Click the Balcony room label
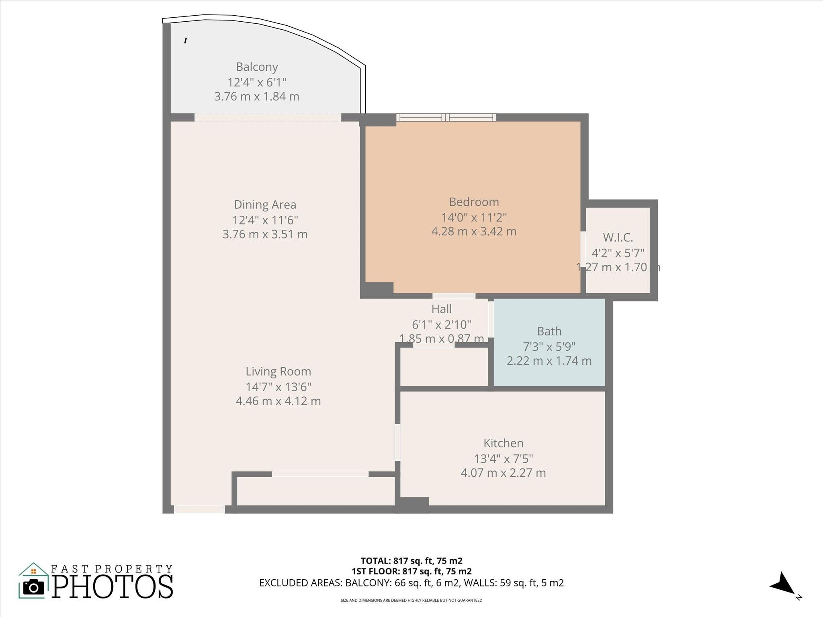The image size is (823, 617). pyautogui.click(x=257, y=67)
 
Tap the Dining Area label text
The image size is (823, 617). pyautogui.click(x=265, y=204)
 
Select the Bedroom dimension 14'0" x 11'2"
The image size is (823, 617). pyautogui.click(x=474, y=217)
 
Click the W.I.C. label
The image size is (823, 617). pyautogui.click(x=618, y=238)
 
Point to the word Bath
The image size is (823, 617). pyautogui.click(x=549, y=331)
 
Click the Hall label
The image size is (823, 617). pyautogui.click(x=441, y=309)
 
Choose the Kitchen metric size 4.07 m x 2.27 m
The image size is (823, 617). pyautogui.click(x=503, y=473)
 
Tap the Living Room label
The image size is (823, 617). pyautogui.click(x=278, y=371)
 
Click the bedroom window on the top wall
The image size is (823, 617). pyautogui.click(x=446, y=117)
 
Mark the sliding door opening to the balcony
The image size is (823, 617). pyautogui.click(x=268, y=117)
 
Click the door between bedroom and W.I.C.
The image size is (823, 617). pyautogui.click(x=583, y=247)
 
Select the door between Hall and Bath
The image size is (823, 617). pyautogui.click(x=491, y=319)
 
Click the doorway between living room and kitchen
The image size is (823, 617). pyautogui.click(x=397, y=442)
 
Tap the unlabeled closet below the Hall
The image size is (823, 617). pyautogui.click(x=444, y=366)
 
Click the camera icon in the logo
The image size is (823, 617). pyautogui.click(x=33, y=588)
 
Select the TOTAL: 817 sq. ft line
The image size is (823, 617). pyautogui.click(x=411, y=561)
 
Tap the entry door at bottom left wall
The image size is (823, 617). pyautogui.click(x=199, y=509)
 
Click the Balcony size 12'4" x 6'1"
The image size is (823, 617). pyautogui.click(x=257, y=82)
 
